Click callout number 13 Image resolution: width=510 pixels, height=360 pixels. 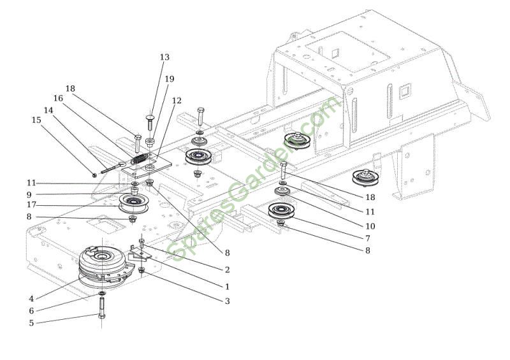(x=165, y=57)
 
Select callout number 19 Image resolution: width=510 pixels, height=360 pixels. (x=169, y=79)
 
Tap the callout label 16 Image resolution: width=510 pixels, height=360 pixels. (x=58, y=99)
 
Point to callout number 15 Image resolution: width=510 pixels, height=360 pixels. (x=36, y=119)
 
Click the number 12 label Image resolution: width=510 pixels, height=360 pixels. (x=177, y=101)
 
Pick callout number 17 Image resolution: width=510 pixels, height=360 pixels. (x=31, y=205)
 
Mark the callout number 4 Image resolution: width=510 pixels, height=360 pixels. (x=31, y=298)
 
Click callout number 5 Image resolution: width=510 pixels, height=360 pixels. (x=31, y=322)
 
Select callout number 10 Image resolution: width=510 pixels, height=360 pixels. (x=370, y=226)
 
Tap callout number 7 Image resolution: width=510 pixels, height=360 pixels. (x=367, y=238)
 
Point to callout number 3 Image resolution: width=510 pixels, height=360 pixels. (x=227, y=301)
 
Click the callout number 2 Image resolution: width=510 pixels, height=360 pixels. (x=227, y=270)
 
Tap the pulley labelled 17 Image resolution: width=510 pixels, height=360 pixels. (x=133, y=205)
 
